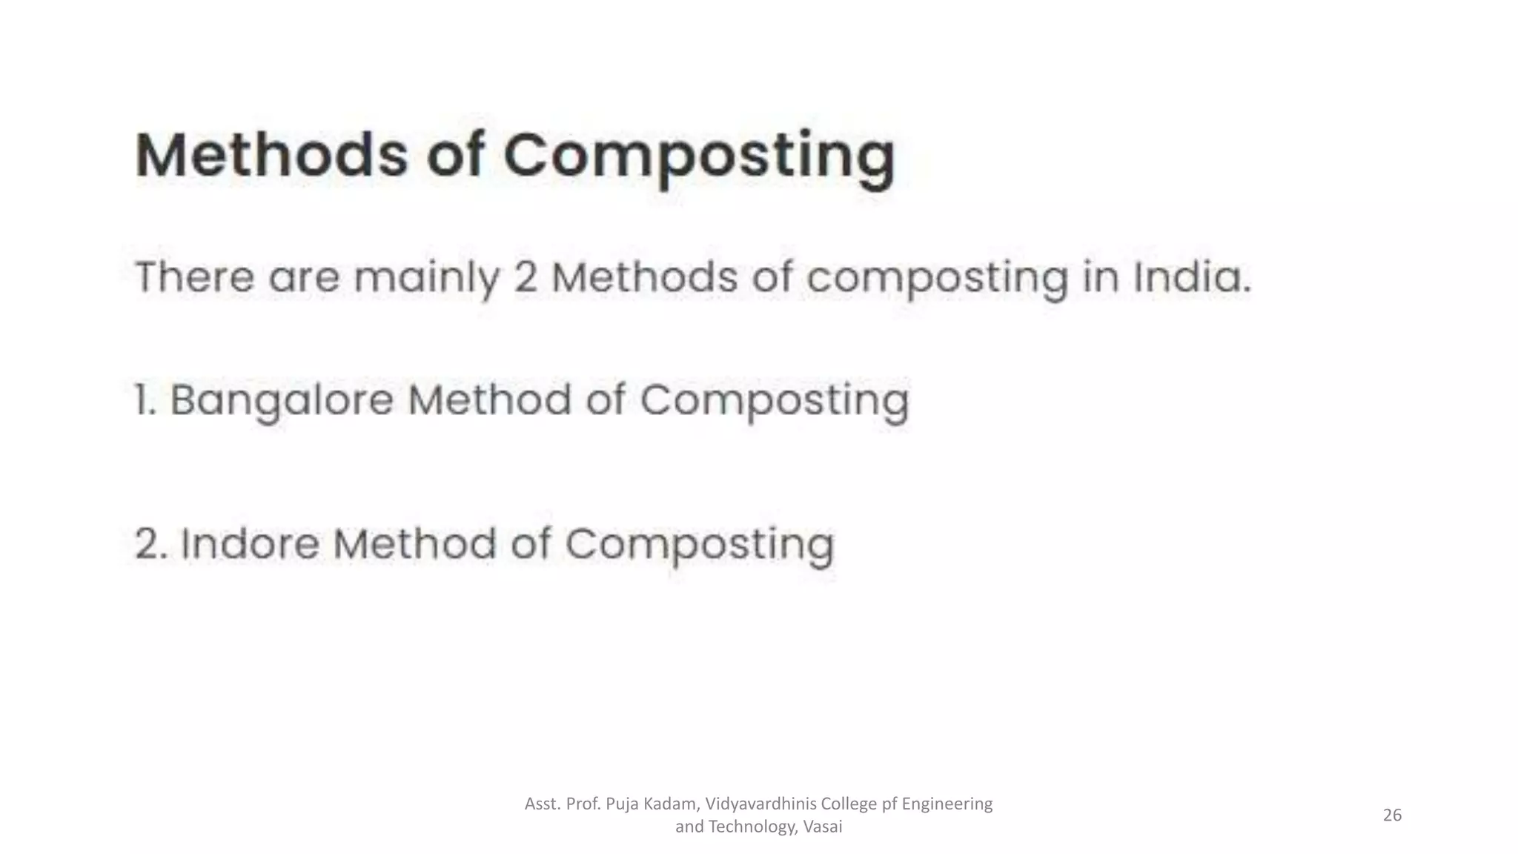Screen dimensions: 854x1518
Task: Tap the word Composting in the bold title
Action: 700,157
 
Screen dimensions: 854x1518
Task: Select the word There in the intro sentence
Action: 194,277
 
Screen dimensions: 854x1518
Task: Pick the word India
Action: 1191,277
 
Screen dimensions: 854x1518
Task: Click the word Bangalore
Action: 282,401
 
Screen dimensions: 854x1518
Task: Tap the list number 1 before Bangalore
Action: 144,400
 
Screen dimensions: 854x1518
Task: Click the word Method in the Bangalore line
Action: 490,400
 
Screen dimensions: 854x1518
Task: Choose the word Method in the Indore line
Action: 414,543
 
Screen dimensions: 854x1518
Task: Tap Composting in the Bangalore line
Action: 774,401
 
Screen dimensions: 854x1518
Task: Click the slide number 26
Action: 1392,815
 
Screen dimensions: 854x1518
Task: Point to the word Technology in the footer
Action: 751,827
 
